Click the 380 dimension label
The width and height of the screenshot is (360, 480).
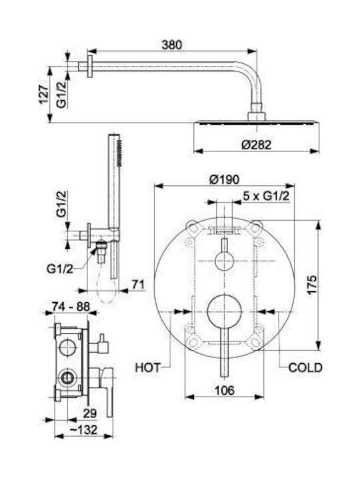[171, 45]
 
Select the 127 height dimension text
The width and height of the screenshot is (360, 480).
[44, 94]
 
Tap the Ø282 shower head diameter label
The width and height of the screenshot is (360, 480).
[256, 145]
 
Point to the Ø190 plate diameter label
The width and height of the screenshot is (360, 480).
[224, 179]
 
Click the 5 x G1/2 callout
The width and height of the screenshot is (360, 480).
[266, 196]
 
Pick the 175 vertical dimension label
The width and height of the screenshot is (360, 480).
[312, 285]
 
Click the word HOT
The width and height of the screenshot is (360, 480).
[147, 367]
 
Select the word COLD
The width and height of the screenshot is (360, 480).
[305, 367]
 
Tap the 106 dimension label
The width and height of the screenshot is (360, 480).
[225, 390]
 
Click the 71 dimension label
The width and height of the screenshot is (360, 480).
[138, 285]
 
